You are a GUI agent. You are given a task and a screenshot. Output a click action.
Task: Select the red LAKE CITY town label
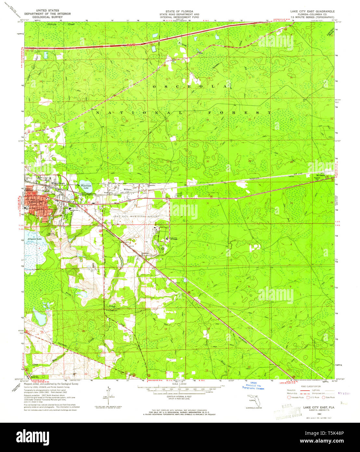(x=35, y=202)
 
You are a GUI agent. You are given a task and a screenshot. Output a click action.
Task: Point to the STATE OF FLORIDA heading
(x=179, y=11)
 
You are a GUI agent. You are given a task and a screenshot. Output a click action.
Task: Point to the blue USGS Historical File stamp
(x=253, y=386)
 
